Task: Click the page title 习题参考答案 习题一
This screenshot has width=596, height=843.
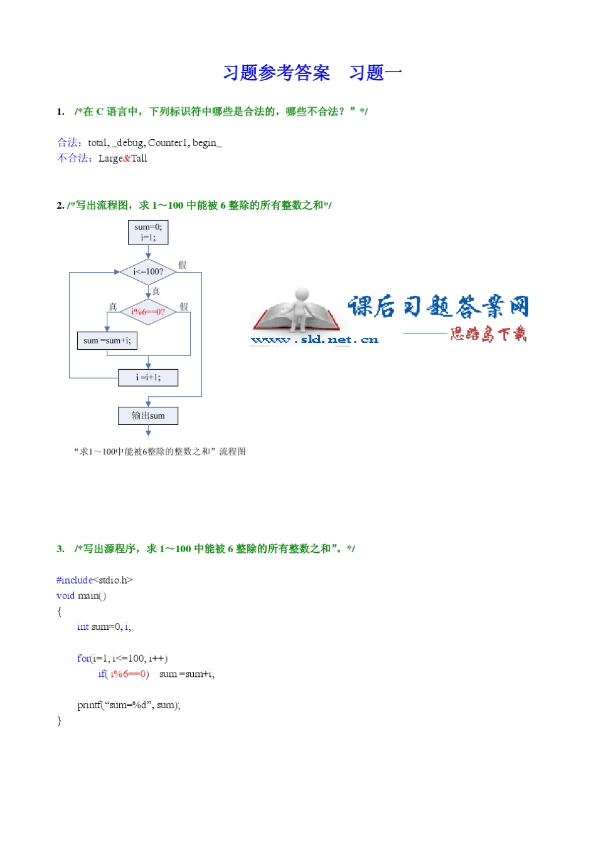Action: [312, 73]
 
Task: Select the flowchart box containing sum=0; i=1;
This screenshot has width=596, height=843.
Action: [148, 232]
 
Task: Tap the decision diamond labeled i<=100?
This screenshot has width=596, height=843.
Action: [148, 271]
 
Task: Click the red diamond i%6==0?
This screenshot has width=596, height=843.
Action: [148, 312]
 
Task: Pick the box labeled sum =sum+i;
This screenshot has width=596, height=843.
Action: [107, 340]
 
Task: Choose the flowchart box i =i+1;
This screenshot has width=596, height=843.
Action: [148, 377]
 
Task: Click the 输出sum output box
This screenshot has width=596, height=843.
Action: [148, 416]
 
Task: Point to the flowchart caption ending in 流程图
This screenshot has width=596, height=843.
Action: [160, 451]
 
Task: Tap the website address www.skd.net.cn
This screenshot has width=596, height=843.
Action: [314, 340]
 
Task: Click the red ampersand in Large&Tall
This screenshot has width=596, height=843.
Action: [127, 159]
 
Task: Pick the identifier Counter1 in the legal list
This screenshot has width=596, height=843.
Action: [168, 143]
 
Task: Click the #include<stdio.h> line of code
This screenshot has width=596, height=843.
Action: [94, 580]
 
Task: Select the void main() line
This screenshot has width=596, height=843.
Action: [81, 596]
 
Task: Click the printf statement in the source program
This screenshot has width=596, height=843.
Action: [129, 705]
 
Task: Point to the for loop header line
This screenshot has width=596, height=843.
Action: [122, 659]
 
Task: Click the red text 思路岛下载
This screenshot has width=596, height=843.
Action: [488, 333]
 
